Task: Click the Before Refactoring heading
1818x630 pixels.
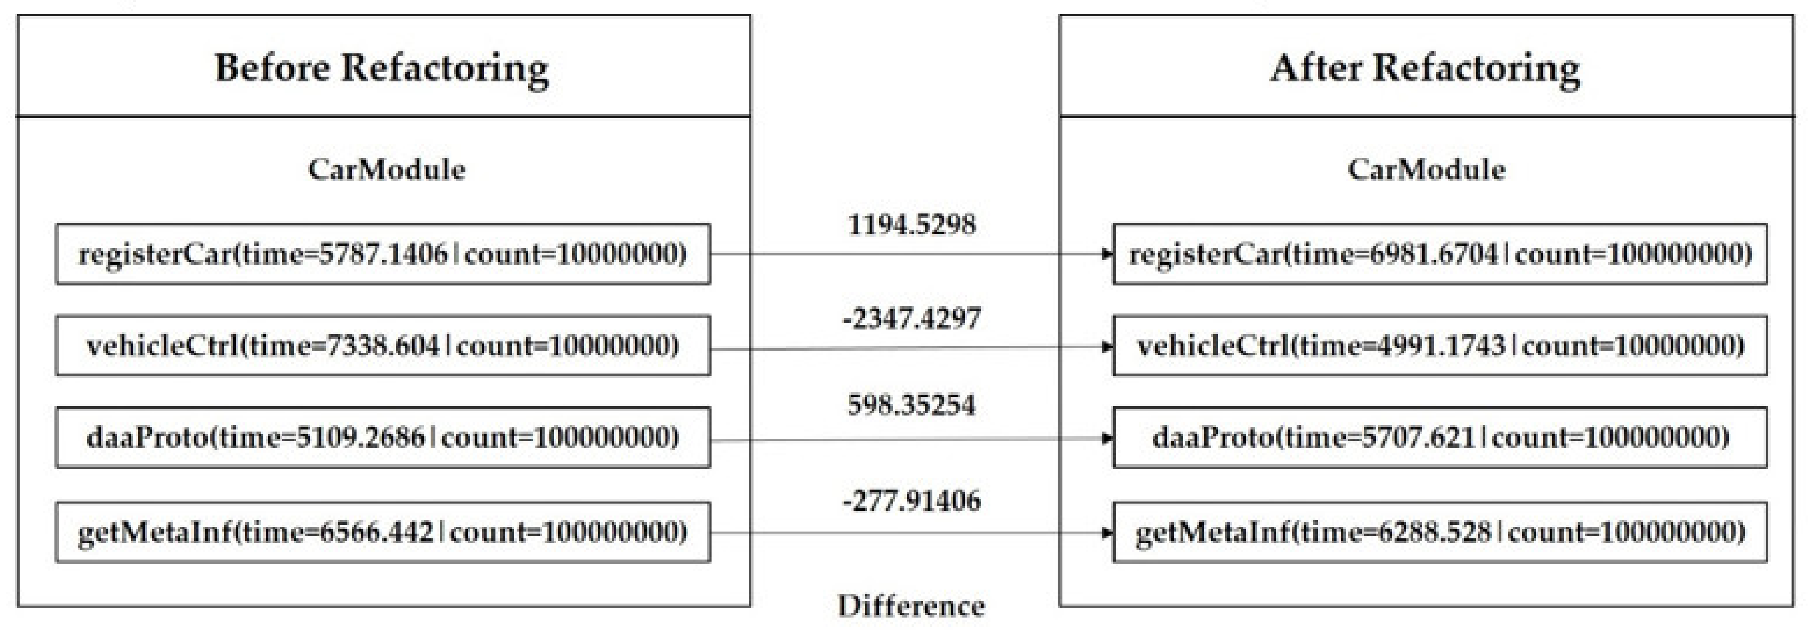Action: coord(382,68)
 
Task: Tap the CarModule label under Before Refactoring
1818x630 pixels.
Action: coord(386,169)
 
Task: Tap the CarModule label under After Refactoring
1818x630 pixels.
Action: coord(1426,169)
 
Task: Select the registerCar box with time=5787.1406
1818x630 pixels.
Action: coord(382,254)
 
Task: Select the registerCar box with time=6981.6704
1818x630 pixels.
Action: coord(1440,254)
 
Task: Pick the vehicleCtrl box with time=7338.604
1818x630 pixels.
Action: coord(382,346)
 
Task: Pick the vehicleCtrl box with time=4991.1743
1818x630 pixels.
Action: coord(1440,346)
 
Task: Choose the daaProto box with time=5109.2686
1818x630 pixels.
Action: coord(382,437)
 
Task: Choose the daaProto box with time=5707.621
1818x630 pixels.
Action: coord(1440,437)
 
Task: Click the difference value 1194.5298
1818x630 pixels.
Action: coord(911,225)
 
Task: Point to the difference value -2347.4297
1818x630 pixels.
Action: coord(911,319)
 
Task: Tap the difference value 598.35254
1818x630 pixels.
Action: coord(911,405)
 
